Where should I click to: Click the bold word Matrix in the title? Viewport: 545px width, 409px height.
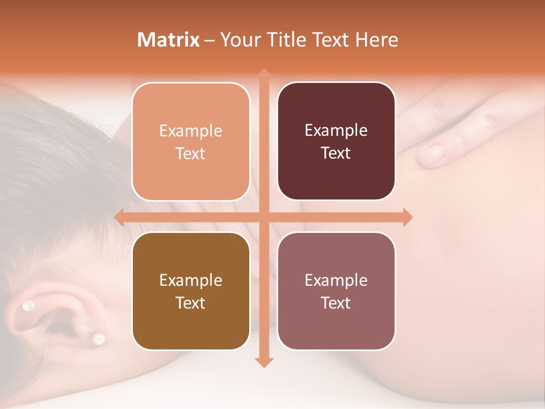(169, 40)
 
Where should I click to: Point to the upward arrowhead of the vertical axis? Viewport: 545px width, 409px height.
(263, 74)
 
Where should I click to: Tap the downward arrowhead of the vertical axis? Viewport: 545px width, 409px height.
(263, 362)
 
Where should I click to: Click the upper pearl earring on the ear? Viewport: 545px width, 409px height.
(27, 307)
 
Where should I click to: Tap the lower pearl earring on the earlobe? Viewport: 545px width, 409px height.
(99, 339)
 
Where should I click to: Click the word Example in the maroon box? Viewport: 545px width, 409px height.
(336, 131)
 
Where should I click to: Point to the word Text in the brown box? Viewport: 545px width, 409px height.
(190, 303)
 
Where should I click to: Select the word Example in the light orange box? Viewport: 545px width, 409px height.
(191, 131)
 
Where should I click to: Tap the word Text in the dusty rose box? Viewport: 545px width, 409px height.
(336, 303)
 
